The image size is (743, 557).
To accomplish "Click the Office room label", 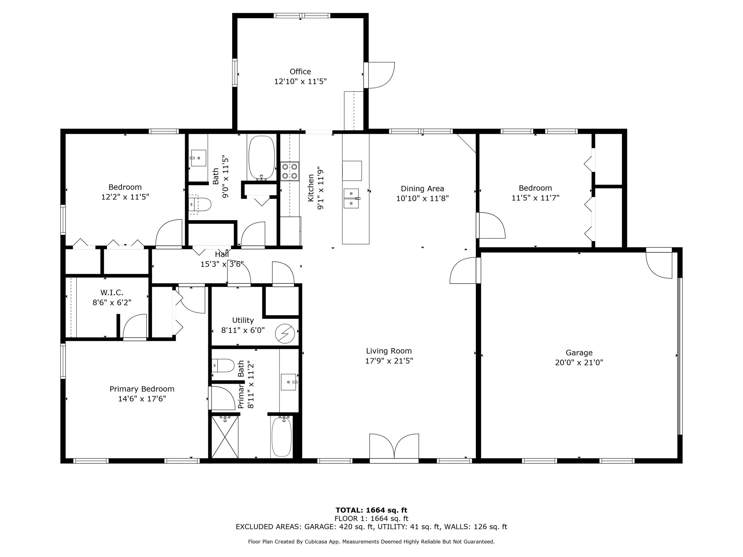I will coord(300,71).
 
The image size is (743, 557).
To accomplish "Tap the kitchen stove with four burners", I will coord(290,171).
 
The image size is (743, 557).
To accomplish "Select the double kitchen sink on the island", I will coord(351,198).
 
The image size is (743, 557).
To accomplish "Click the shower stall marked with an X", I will coord(225,437).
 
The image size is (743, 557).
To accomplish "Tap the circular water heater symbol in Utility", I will coord(285,333).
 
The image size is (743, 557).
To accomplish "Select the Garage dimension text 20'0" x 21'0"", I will coord(579,362).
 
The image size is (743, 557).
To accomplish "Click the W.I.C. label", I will coord(112,292).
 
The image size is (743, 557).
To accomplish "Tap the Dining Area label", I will coord(422,189).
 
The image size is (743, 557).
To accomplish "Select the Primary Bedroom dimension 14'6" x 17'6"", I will coord(142,399).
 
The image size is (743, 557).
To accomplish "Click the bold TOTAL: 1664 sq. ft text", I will coord(371,510).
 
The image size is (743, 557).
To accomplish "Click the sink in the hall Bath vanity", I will coord(198,158).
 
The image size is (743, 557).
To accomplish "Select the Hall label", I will coord(222,254).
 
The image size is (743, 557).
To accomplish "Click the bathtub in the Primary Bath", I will coord(282,437).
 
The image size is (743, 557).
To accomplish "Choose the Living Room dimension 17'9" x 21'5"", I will coord(389,361).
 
